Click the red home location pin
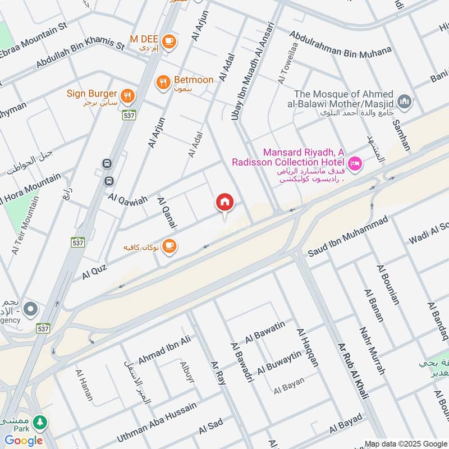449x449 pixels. pos(225,203)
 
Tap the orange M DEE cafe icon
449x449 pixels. pos(168,40)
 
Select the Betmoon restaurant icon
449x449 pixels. pos(163,82)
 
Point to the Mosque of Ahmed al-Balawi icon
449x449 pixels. pos(404,102)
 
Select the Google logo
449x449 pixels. pos(24,441)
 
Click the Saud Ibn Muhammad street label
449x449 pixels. pos(347,237)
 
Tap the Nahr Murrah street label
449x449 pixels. pos(373,351)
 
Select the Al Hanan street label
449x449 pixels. pos(83,385)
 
